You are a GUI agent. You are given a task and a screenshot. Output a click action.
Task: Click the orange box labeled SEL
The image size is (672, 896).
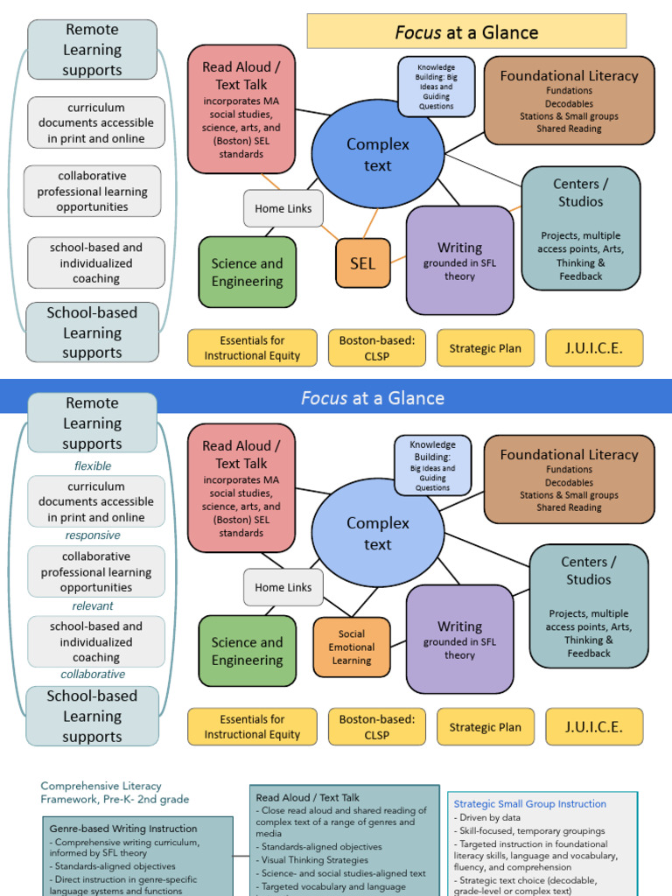pos(362,263)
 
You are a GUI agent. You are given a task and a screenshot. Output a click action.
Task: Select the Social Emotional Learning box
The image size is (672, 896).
pos(352,647)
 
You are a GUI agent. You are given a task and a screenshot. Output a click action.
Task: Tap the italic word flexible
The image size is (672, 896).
pos(93,466)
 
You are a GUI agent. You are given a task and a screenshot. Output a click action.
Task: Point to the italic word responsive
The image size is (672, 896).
pos(93,535)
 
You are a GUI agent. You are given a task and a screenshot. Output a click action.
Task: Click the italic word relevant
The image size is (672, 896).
pos(93,605)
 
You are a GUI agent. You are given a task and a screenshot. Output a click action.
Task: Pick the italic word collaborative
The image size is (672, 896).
pos(93,675)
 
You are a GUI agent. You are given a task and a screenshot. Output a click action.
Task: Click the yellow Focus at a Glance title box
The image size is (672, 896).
pos(466,32)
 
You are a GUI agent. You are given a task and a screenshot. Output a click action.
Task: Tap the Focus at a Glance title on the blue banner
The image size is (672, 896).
pos(372,398)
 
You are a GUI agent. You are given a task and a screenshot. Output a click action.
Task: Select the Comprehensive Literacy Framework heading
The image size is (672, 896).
pos(114,793)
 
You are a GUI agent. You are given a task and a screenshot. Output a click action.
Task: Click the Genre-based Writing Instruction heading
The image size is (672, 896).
pos(122,829)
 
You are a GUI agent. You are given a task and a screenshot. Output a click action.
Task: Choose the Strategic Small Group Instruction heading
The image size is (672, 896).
pos(529,804)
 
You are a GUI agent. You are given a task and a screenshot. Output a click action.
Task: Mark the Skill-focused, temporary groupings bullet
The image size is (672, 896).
pos(528,830)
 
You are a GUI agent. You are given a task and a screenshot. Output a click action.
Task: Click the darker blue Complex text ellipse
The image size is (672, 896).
pos(377,155)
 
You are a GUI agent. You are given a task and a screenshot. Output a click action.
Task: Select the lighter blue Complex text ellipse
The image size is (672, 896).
pos(377,534)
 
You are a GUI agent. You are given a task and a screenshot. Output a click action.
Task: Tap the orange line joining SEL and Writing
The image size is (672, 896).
pos(399,260)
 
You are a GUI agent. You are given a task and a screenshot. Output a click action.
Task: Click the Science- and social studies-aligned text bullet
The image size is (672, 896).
pos(343,873)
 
